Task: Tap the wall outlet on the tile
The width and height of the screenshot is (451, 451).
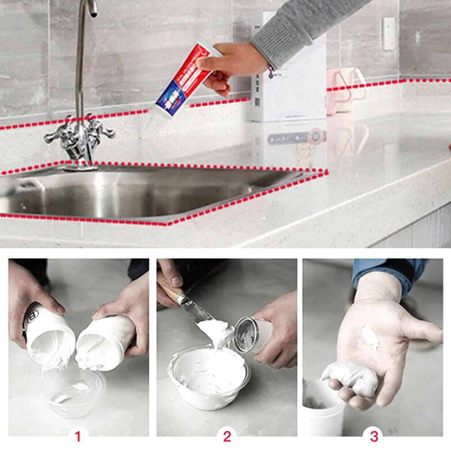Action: pos(388,34)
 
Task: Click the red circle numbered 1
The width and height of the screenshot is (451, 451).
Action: pos(78,437)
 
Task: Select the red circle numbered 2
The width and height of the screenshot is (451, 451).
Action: pos(227,437)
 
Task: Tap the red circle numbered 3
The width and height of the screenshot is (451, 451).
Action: pos(374,437)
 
